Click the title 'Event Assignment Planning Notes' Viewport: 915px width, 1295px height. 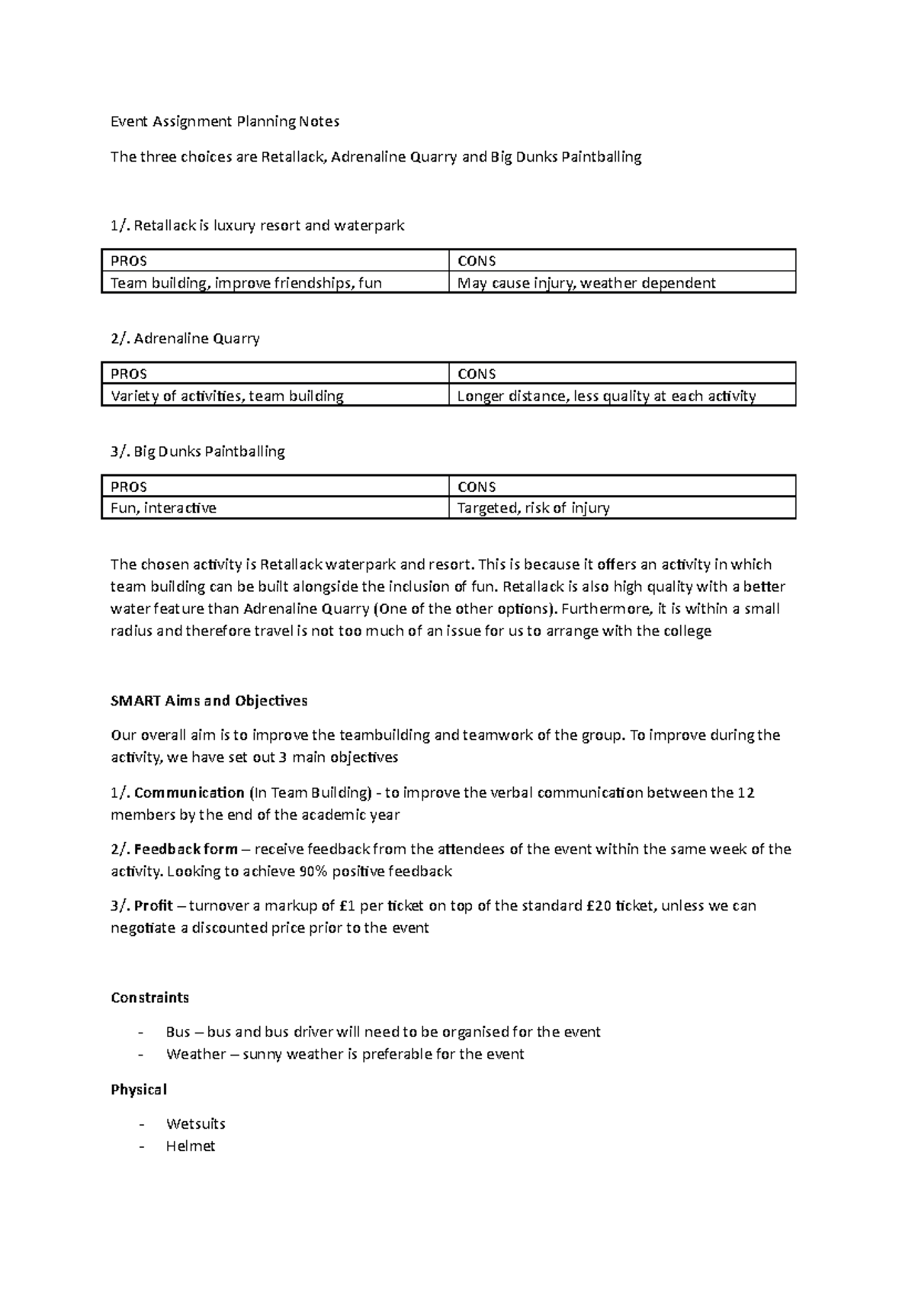coord(225,121)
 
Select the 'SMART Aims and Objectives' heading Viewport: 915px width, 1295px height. coord(209,700)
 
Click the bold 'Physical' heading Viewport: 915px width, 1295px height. coord(138,1089)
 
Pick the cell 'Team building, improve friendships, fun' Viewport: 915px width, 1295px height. coord(246,283)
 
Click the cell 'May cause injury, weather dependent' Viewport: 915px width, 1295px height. coord(586,283)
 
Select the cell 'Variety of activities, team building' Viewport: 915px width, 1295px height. coord(227,396)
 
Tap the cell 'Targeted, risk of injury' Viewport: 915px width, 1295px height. coord(533,508)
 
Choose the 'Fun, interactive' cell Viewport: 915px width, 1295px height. coord(163,508)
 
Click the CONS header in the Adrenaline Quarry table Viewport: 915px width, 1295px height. coord(476,374)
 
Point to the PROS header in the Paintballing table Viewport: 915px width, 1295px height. coord(129,487)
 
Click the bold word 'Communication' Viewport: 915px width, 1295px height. coord(189,792)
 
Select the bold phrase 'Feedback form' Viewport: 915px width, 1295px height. coord(185,849)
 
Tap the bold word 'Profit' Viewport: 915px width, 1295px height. coord(153,905)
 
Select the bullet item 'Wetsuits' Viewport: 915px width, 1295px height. coord(195,1123)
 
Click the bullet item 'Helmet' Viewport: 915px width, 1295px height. coord(191,1146)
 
